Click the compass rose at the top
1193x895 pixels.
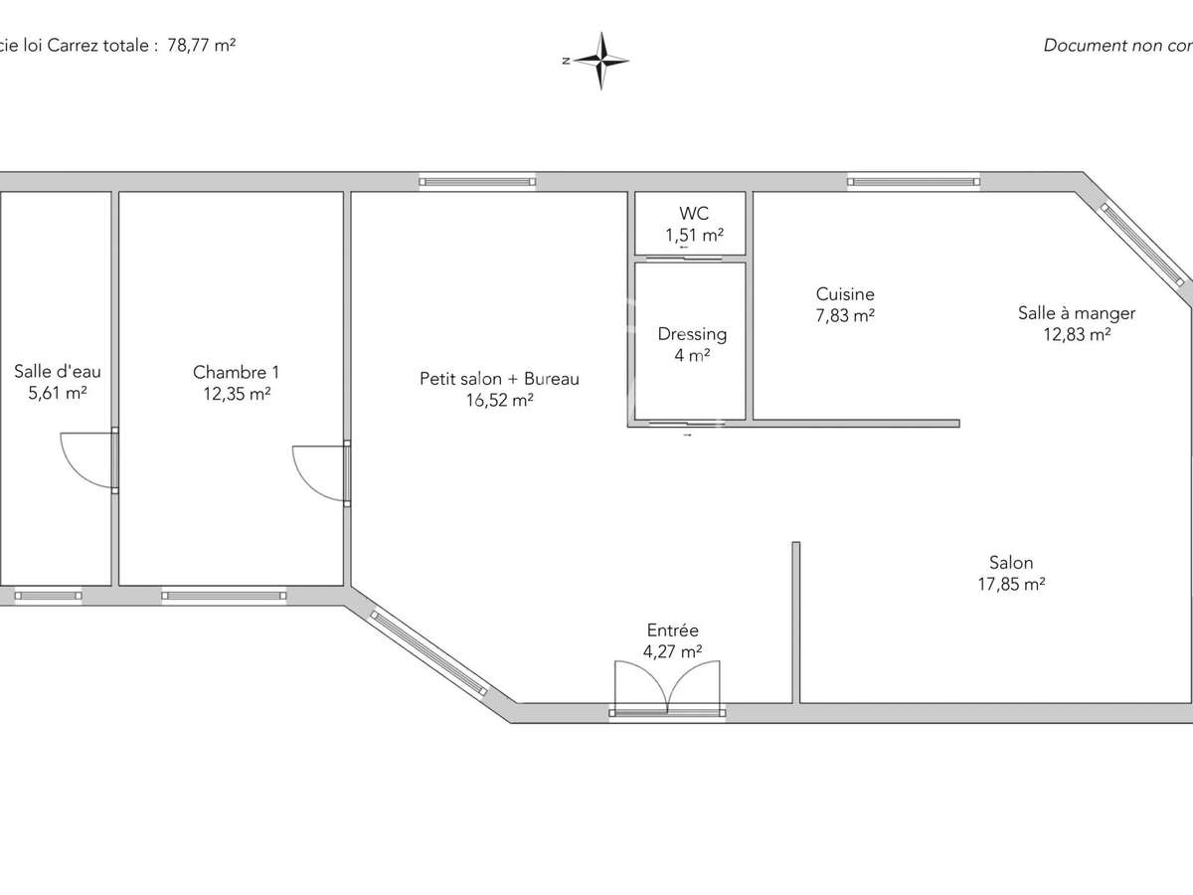[x=600, y=61]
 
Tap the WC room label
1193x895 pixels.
[x=694, y=214]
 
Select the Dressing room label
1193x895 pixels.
[x=692, y=334]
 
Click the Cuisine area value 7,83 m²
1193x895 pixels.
[x=845, y=315]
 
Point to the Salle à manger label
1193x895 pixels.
[x=1076, y=313]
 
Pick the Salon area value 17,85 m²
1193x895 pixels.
[x=1011, y=585]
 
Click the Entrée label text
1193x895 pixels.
[x=673, y=630]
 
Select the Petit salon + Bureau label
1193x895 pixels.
[x=499, y=379]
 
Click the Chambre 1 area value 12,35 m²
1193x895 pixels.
[x=236, y=394]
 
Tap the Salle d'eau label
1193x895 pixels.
[x=58, y=372]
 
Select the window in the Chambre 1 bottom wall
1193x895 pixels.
[x=224, y=596]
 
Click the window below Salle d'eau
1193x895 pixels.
[x=48, y=596]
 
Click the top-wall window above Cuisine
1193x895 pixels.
[x=914, y=181]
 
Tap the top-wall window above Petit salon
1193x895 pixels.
[x=477, y=181]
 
